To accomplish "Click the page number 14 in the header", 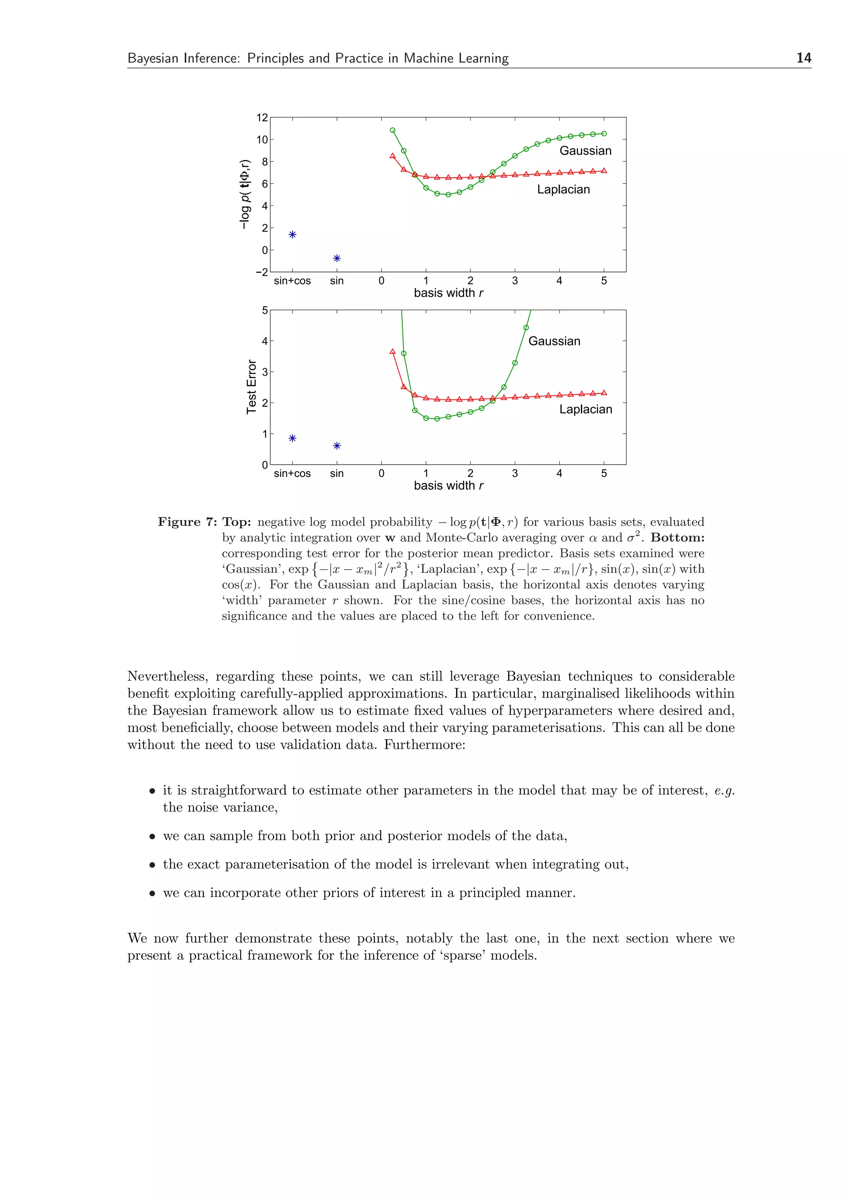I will pyautogui.click(x=803, y=58).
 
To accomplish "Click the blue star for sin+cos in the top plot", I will pyautogui.click(x=293, y=234).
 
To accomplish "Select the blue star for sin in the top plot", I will pyautogui.click(x=337, y=258).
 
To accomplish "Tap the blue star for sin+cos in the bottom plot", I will pyautogui.click(x=293, y=438).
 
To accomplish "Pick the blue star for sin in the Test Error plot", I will pyautogui.click(x=337, y=446).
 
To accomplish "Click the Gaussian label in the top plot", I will pyautogui.click(x=585, y=151).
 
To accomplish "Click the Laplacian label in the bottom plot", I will pyautogui.click(x=585, y=409).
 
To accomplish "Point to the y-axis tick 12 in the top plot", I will pyautogui.click(x=262, y=117).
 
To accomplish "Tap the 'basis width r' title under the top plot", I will pyautogui.click(x=448, y=293).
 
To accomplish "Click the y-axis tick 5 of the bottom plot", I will pyautogui.click(x=265, y=310).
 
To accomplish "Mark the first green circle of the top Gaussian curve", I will pyautogui.click(x=393, y=130).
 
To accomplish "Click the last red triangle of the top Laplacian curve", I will pyautogui.click(x=604, y=171).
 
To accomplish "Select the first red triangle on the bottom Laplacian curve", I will pyautogui.click(x=393, y=352).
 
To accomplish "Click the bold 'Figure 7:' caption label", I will pyautogui.click(x=187, y=522).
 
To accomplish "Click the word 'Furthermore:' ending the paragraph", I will pyautogui.click(x=424, y=745).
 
